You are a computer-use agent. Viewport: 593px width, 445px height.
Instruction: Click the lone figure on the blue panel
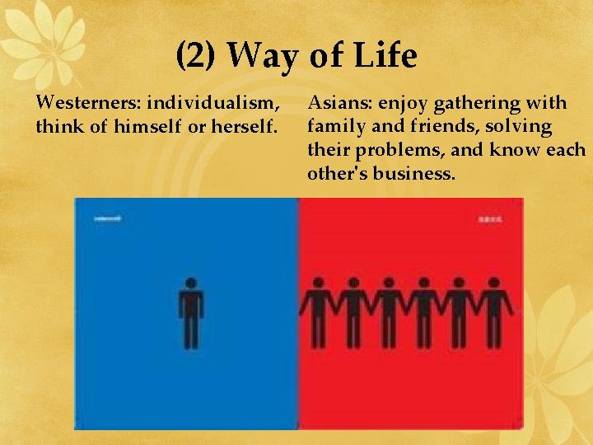(191, 313)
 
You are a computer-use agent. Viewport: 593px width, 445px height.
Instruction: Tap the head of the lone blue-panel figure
(191, 283)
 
